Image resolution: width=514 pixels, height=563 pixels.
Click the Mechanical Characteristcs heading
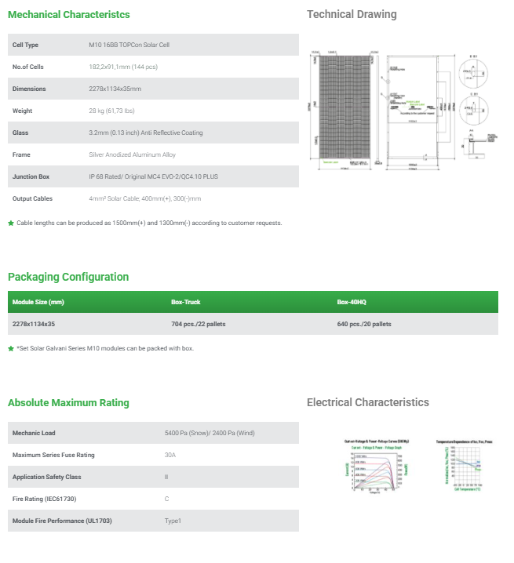pyautogui.click(x=69, y=15)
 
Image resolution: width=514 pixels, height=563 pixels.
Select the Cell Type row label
pyautogui.click(x=26, y=45)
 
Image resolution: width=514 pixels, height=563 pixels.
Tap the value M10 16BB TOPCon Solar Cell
pyautogui.click(x=129, y=45)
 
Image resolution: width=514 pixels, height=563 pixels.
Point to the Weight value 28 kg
pyautogui.click(x=122, y=111)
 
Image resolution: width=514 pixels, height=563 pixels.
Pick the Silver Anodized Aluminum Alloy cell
pyautogui.click(x=133, y=154)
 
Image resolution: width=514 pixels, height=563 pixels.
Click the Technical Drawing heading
pyautogui.click(x=352, y=15)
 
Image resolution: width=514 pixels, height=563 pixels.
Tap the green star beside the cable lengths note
pyautogui.click(x=11, y=223)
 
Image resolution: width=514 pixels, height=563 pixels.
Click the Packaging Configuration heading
pyautogui.click(x=68, y=277)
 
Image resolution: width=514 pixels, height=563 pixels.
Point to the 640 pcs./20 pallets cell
pyautogui.click(x=364, y=324)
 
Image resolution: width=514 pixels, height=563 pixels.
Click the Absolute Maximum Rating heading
pyautogui.click(x=68, y=403)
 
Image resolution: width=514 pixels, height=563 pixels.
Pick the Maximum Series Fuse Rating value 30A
pyautogui.click(x=170, y=455)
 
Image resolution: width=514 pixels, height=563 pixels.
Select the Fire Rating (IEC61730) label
pyautogui.click(x=45, y=499)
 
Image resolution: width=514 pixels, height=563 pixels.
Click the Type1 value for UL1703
pyautogui.click(x=173, y=521)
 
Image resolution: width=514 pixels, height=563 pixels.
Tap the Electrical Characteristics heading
pyautogui.click(x=368, y=403)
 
